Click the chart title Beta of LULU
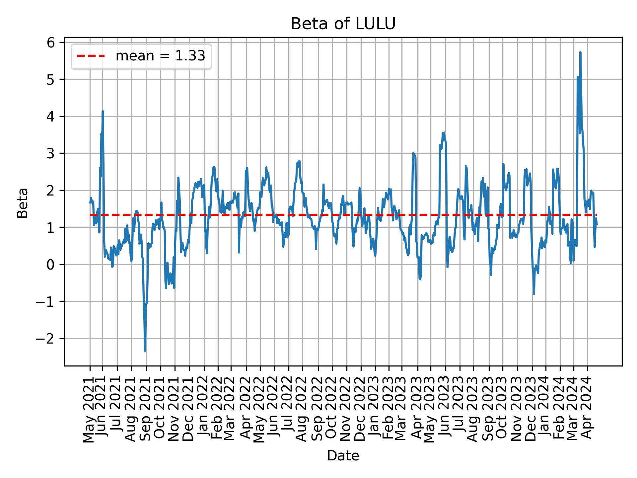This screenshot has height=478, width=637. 343,24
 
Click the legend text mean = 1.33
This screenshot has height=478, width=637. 160,56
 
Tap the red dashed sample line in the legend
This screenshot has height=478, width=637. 91,56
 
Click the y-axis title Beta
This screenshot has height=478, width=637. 23,203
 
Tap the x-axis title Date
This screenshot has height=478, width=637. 343,456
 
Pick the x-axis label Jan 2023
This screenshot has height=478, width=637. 375,409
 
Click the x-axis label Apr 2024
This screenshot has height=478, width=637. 587,409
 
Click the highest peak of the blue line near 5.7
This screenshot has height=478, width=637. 580,52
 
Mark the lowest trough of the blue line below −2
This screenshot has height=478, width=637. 145,350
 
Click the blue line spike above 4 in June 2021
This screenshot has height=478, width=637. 103,112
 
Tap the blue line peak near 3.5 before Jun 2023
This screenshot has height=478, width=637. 443,133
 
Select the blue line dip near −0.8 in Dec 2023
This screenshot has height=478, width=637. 534,293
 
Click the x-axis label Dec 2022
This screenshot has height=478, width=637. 361,409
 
